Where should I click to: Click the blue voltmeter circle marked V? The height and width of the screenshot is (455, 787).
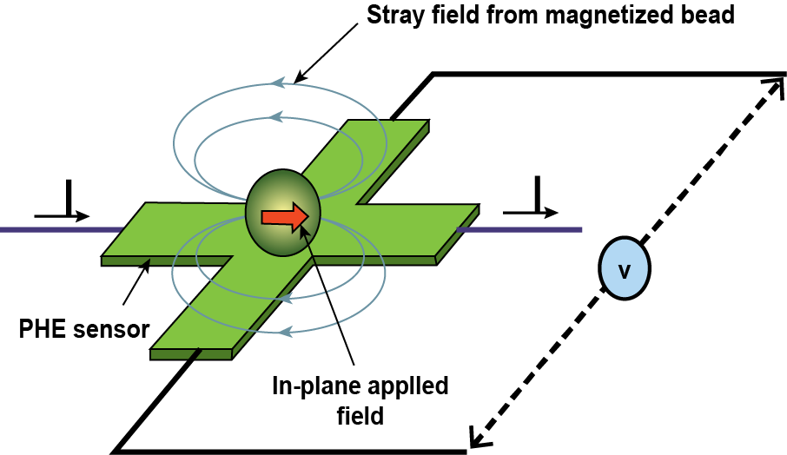pyautogui.click(x=624, y=270)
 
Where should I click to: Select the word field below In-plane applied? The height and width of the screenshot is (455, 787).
pyautogui.click(x=360, y=415)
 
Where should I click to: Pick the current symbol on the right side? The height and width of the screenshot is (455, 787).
pyautogui.click(x=530, y=204)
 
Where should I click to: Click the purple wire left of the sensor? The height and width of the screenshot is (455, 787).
pyautogui.click(x=52, y=230)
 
